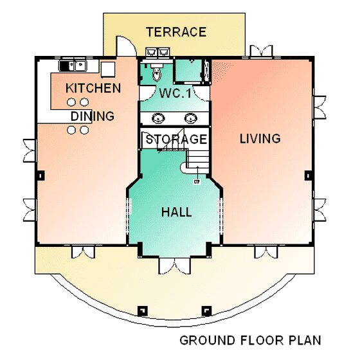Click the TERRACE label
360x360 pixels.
(176, 32)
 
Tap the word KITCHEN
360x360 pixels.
(93, 88)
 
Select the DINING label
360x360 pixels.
(93, 116)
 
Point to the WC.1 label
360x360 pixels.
(175, 93)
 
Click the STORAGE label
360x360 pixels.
(176, 139)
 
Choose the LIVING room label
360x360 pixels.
(260, 138)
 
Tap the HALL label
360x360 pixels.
(176, 212)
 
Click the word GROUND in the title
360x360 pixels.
(207, 340)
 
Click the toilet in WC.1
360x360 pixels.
(157, 71)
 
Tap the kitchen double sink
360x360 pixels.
(73, 66)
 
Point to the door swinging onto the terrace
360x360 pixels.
(126, 46)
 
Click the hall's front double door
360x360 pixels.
(174, 266)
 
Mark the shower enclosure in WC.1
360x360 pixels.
(188, 71)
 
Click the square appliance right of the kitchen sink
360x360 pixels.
(108, 69)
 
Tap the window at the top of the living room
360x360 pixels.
(261, 51)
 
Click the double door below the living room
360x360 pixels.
(266, 252)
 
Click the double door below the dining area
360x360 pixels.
(83, 252)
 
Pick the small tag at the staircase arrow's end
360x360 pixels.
(197, 182)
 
